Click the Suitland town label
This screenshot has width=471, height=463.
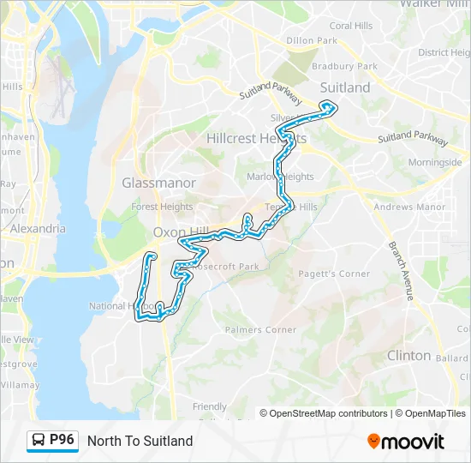tap(344, 87)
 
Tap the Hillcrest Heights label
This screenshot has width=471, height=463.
tap(256, 139)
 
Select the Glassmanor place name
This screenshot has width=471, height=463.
tap(158, 183)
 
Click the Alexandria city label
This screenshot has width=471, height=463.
tap(37, 229)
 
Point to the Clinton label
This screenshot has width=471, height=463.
tap(408, 355)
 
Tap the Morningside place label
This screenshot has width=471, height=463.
tap(434, 162)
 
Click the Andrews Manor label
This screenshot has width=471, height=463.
tap(409, 207)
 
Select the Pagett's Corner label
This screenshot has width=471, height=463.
tap(334, 274)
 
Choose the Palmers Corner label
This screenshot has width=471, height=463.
tap(260, 329)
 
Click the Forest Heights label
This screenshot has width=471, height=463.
tap(162, 207)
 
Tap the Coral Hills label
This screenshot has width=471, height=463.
tap(351, 26)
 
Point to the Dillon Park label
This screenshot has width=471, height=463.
tap(312, 40)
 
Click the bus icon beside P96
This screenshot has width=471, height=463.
tap(39, 441)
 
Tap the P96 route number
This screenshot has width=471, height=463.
tap(63, 440)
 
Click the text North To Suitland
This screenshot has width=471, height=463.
tap(140, 441)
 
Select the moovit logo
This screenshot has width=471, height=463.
tap(406, 441)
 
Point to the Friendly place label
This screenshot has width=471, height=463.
tap(210, 406)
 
